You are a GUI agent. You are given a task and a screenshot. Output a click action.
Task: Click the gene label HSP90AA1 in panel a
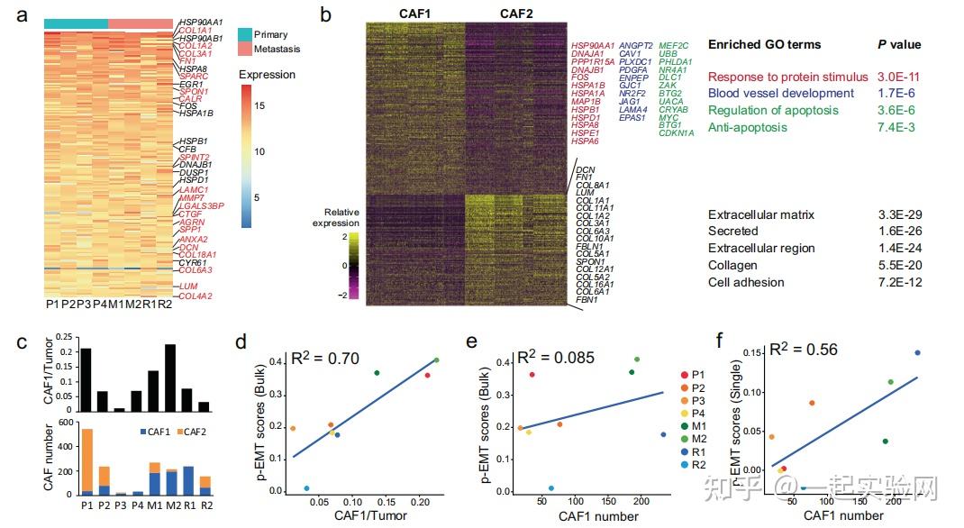pos(202,21)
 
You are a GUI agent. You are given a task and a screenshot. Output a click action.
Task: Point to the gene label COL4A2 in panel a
pos(196,296)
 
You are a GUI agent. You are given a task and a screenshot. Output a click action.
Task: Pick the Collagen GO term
pos(732,266)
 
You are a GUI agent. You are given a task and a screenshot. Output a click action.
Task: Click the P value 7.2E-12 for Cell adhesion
pos(899,283)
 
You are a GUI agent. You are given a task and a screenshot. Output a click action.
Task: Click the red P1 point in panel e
pos(532,374)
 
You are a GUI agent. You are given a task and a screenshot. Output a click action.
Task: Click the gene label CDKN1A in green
pos(676,133)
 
